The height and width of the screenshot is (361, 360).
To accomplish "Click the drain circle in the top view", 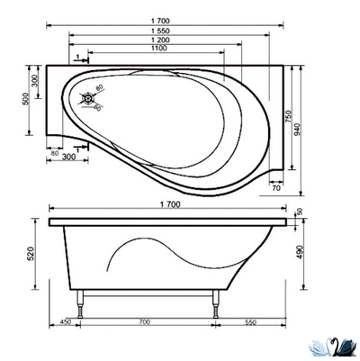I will click(x=90, y=99).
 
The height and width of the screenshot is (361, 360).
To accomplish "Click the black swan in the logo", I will click(x=337, y=345).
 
